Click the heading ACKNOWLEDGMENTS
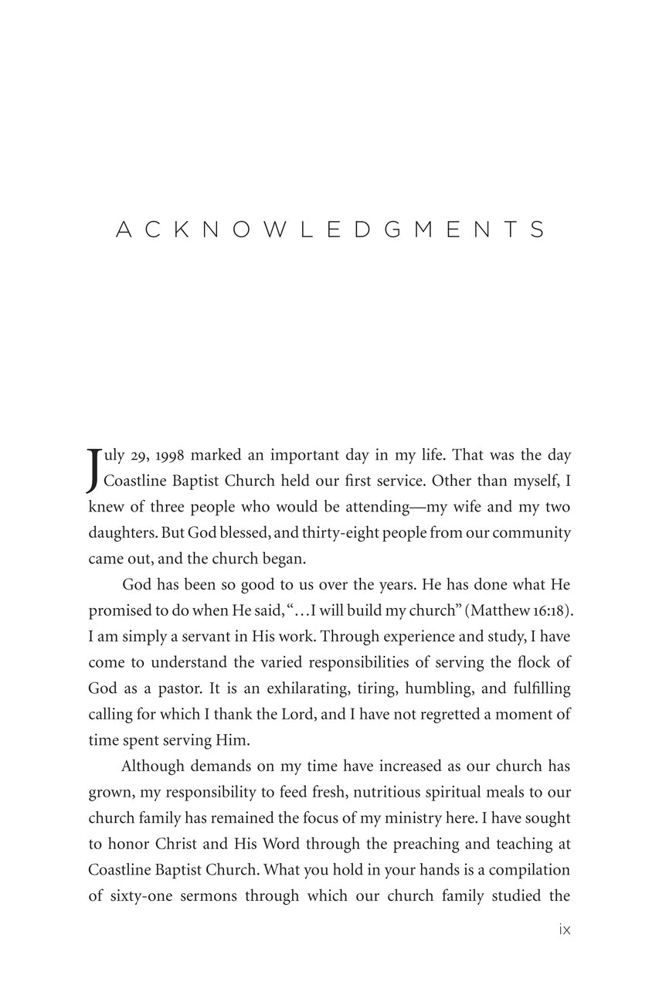click(330, 229)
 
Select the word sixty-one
click(138, 896)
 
